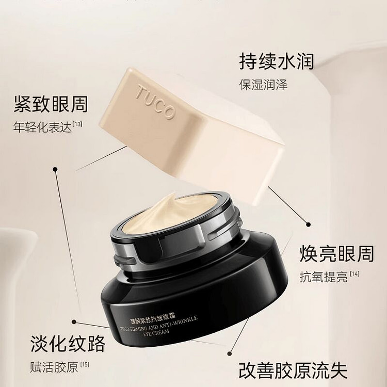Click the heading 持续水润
(276, 61)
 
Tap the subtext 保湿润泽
(263, 85)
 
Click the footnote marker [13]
(77, 123)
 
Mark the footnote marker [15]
(85, 365)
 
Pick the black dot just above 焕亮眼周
(308, 225)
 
